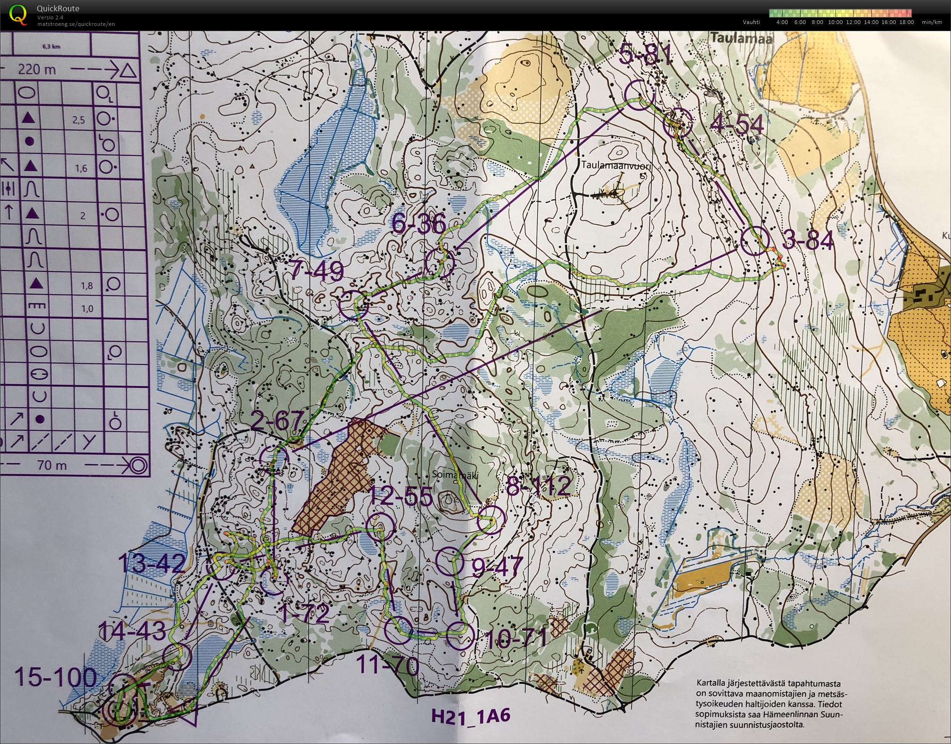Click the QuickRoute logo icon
18,14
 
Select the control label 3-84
808,241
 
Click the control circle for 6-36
440,262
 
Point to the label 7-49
316,271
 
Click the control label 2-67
277,421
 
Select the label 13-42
151,564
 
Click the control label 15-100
56,678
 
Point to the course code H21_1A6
471,716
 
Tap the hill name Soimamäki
455,475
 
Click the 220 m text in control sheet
37,70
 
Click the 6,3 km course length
51,47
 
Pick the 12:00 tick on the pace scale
853,22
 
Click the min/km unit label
932,22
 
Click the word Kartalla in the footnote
712,683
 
